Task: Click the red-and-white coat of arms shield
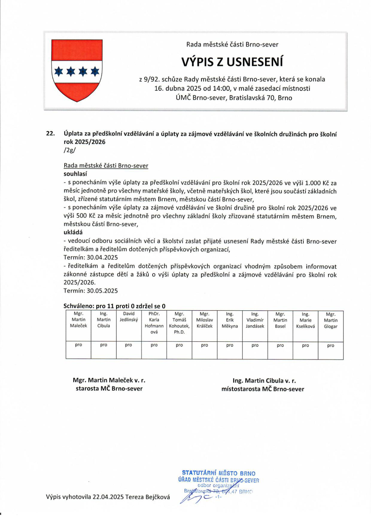(77, 70)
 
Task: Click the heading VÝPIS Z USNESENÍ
(232, 62)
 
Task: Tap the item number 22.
(50, 134)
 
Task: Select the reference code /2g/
(70, 150)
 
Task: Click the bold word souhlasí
(75, 174)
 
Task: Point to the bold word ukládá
(73, 232)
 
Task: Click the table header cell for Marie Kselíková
(305, 320)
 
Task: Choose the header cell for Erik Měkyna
(230, 320)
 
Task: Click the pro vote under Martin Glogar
(330, 346)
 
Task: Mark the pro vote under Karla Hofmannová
(154, 345)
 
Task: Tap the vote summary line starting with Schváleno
(114, 306)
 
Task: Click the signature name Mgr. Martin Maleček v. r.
(109, 380)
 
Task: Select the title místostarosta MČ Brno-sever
(263, 389)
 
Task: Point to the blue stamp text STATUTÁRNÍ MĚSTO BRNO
(218, 473)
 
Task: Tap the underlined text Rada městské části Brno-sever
(106, 165)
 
